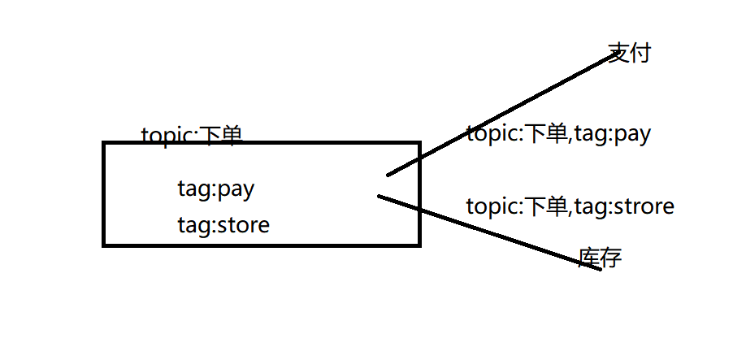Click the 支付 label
point(630,54)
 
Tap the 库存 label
point(601,258)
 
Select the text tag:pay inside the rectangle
point(215,189)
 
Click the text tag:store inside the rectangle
point(223,223)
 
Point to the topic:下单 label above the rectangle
point(192,135)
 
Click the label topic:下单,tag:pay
point(558,134)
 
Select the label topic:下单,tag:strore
point(570,206)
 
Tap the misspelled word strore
point(644,206)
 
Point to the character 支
point(619,54)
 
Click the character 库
point(589,258)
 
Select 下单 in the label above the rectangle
point(220,135)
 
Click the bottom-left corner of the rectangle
point(105,244)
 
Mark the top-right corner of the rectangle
point(419,144)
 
